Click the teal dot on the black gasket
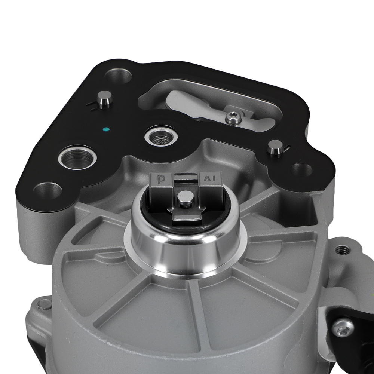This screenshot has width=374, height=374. (x=106, y=130)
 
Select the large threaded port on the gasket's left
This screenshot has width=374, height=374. (x=77, y=159)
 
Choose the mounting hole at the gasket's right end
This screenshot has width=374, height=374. (x=301, y=170)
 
